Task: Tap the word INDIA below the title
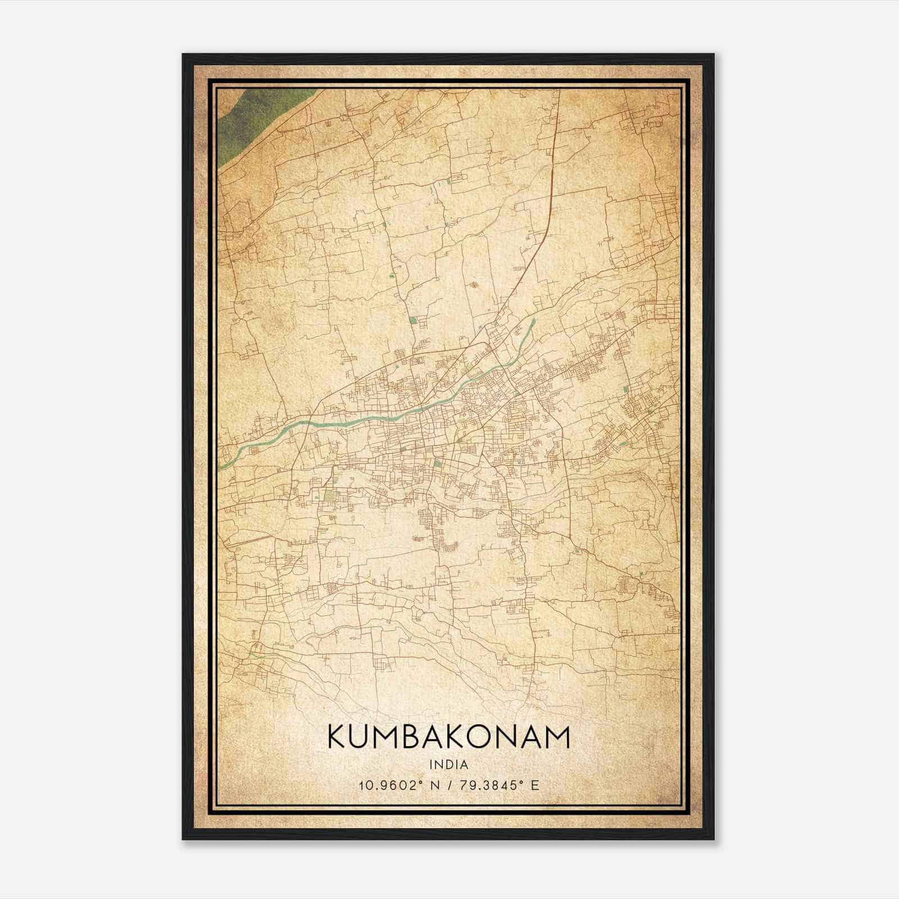click(x=448, y=765)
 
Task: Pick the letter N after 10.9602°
click(x=432, y=786)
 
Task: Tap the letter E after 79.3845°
click(x=534, y=786)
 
